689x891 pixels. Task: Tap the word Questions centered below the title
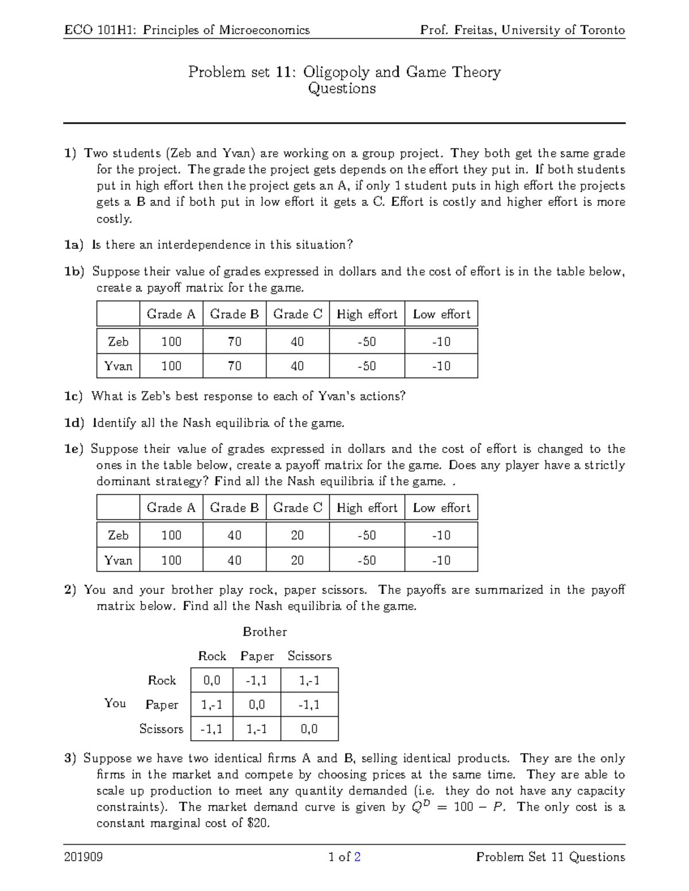coord(342,88)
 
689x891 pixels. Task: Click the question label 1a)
coord(74,245)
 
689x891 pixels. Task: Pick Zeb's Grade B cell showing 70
coord(234,342)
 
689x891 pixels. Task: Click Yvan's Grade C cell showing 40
coord(297,366)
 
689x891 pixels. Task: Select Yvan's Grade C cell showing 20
coord(297,560)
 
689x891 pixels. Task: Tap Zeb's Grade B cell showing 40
coord(234,535)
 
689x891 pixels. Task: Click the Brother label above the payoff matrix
coord(265,632)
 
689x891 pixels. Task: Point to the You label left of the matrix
coord(115,703)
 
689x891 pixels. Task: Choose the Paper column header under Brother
coord(257,656)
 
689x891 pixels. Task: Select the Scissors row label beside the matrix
coord(161,729)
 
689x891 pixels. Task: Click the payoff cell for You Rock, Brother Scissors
coord(309,680)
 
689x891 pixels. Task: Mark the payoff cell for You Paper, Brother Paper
coord(257,705)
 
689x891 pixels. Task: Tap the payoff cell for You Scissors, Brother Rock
coord(211,729)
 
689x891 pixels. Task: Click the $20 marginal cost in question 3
coord(257,823)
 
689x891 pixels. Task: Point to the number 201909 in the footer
coord(83,857)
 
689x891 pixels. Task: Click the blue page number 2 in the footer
coord(357,857)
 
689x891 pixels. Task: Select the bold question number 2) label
coord(70,590)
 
